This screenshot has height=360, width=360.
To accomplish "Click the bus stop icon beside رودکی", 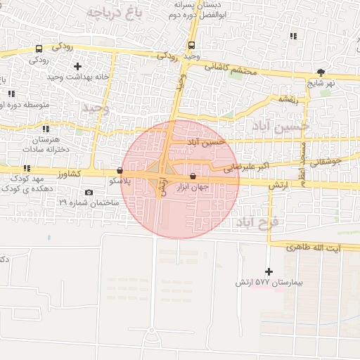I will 38,49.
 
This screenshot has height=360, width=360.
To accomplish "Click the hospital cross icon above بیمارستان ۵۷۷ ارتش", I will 268,271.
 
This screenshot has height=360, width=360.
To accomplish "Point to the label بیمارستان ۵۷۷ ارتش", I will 269,283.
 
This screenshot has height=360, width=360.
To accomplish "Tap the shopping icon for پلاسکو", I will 120,171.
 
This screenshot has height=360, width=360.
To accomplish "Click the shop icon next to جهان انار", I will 193,176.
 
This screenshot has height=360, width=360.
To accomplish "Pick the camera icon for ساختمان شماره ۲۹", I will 88,193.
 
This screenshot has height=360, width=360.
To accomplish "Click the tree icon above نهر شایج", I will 321,72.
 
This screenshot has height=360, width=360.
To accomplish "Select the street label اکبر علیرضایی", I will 247,168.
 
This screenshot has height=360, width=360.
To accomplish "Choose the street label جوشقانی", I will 325,161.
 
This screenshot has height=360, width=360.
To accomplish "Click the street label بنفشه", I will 288,99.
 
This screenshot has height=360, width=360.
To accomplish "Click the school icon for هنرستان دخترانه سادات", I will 46,129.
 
